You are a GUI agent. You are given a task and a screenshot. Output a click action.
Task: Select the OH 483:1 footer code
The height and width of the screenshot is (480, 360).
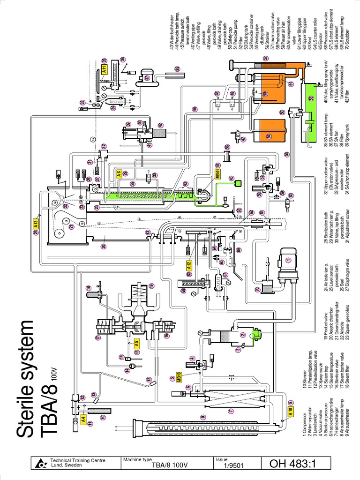point(294,464)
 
